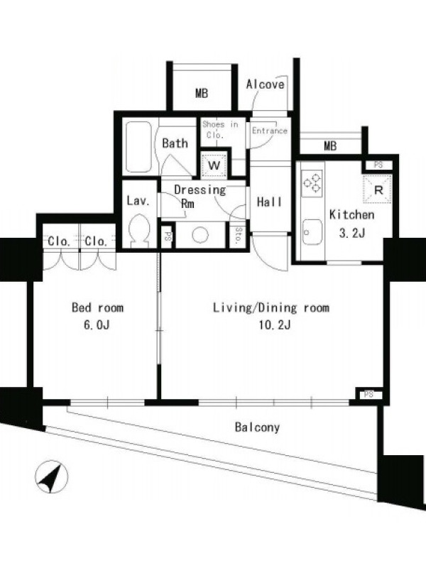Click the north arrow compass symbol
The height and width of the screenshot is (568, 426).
point(51,476)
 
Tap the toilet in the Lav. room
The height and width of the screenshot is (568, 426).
point(139,230)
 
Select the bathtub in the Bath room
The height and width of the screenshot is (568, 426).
point(138,147)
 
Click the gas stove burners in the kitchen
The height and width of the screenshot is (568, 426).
point(312,183)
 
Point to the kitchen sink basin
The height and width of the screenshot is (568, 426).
point(312,232)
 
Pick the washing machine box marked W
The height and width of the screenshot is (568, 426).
point(214,165)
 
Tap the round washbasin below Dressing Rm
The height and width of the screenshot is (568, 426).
point(200,235)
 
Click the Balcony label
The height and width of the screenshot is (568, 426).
point(257,427)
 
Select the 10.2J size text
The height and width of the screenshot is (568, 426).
point(275,325)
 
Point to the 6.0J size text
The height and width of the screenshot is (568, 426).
point(97,325)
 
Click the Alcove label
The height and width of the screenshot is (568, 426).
point(265,84)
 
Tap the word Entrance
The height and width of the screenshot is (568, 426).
point(270,131)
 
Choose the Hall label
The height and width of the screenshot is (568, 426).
point(269,202)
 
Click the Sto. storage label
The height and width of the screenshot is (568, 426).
point(239,236)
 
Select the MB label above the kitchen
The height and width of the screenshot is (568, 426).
point(330,146)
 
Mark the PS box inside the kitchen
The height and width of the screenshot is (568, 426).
point(378,165)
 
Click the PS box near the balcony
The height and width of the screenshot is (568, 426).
point(368,394)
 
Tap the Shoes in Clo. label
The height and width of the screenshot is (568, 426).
point(220,129)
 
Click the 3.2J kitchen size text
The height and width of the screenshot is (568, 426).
point(351,234)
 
